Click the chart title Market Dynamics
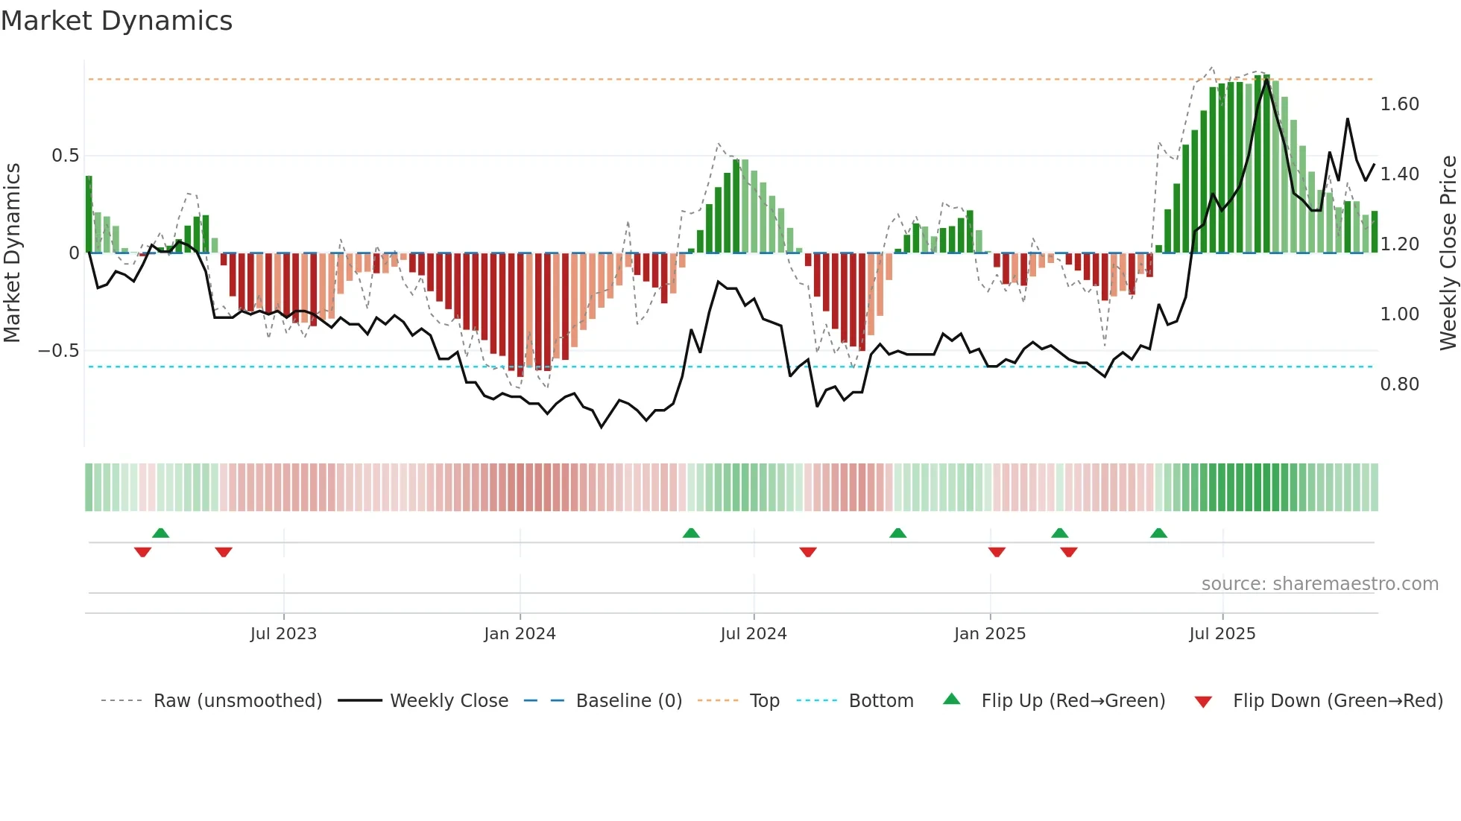[x=117, y=21]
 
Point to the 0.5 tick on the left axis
[x=65, y=156]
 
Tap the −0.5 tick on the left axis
[x=58, y=350]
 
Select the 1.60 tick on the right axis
[x=1399, y=104]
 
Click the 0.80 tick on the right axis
[x=1399, y=384]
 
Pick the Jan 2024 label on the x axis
[x=520, y=634]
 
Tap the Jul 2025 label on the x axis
[x=1222, y=634]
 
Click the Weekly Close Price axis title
[x=1448, y=253]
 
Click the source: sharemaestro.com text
[x=1319, y=584]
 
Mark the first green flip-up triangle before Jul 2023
[x=160, y=533]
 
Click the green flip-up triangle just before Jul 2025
[x=1158, y=533]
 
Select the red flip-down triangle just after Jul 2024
[x=808, y=552]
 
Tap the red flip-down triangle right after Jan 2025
[x=997, y=552]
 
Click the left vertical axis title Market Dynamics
[x=12, y=253]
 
